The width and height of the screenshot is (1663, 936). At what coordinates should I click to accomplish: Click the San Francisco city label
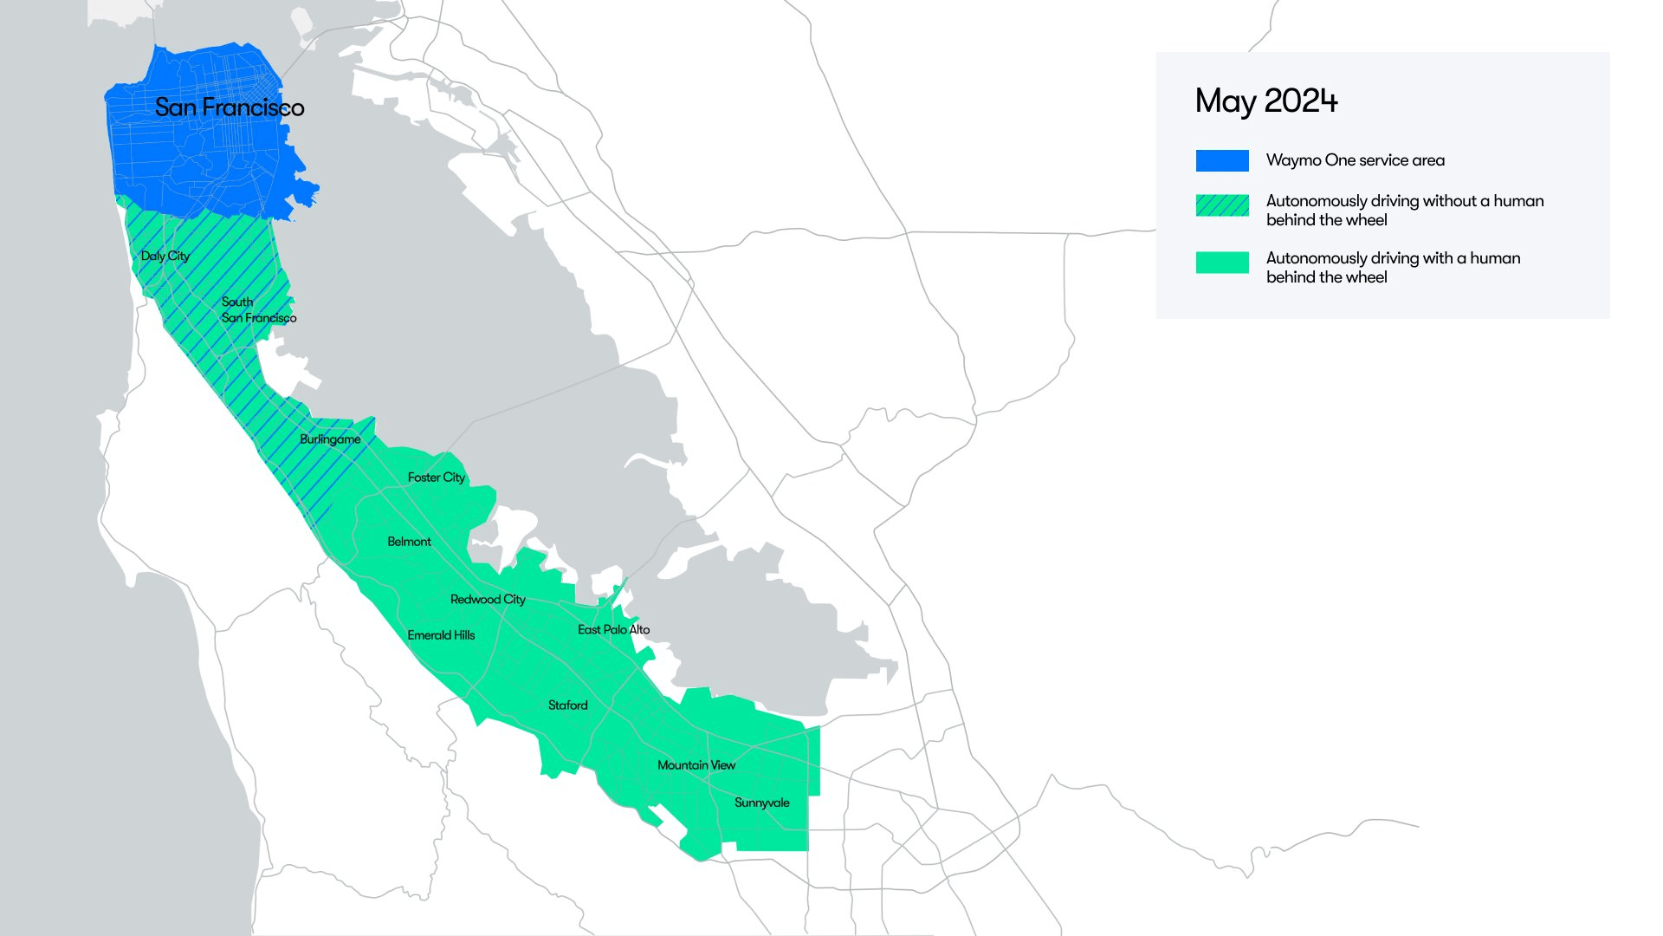(230, 107)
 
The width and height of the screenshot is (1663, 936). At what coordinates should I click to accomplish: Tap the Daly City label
(165, 256)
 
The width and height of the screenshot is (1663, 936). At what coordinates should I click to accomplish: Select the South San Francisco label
(258, 310)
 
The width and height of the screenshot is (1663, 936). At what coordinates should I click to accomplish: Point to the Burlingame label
(330, 439)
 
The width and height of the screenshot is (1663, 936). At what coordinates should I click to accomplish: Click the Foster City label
(437, 478)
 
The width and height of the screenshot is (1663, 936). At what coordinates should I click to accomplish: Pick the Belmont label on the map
(409, 542)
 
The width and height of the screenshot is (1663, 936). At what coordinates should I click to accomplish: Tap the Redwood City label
(488, 600)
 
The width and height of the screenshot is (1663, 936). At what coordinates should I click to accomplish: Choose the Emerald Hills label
(441, 635)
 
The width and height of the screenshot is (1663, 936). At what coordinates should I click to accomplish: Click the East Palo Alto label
(613, 630)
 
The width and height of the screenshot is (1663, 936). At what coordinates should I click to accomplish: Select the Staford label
(567, 705)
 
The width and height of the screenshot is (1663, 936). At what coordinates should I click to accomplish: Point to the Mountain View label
(696, 765)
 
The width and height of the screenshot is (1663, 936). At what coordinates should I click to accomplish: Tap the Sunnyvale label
(762, 803)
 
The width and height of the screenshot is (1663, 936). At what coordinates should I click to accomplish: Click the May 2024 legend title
(1266, 101)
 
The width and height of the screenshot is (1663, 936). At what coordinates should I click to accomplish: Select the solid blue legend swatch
(1222, 160)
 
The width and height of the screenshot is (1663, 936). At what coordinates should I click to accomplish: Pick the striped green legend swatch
(1222, 205)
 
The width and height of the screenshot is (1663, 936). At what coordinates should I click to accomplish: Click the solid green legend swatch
(1222, 262)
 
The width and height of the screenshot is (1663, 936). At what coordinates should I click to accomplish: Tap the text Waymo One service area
(1356, 160)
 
